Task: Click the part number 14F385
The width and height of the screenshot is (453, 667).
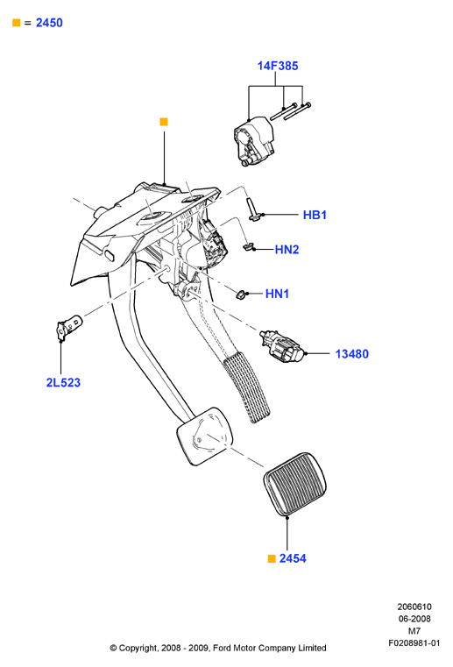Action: click(x=278, y=66)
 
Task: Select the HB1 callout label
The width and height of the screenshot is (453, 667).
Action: click(x=315, y=215)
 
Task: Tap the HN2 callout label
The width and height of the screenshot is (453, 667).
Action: click(x=287, y=249)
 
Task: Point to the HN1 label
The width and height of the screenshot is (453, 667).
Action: click(x=277, y=294)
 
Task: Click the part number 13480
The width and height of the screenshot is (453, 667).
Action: click(x=351, y=354)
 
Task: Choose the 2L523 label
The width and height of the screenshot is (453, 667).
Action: click(x=63, y=382)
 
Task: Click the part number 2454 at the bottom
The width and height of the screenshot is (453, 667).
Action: click(x=293, y=558)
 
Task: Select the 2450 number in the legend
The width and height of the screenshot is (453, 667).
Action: click(x=49, y=23)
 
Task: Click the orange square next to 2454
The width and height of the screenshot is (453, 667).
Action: click(x=272, y=558)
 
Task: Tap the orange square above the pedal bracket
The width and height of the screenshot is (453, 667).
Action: click(x=164, y=122)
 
